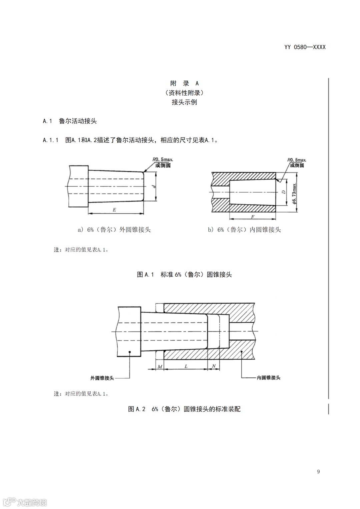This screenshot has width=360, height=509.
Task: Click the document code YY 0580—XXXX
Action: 305,47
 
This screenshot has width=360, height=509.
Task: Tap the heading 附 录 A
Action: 184,83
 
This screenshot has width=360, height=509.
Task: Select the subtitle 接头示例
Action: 184,102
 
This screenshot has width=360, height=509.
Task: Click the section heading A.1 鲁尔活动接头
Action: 70,121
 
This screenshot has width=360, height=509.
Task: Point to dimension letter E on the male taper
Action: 114,210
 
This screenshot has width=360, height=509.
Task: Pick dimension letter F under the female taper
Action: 253,217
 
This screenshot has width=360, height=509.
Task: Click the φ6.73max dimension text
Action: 294,193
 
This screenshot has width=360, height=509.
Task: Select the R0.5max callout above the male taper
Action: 163,160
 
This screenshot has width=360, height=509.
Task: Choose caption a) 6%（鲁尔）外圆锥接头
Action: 114,230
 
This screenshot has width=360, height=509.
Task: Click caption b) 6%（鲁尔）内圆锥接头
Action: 244,230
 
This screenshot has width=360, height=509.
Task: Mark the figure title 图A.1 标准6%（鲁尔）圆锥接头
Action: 184,275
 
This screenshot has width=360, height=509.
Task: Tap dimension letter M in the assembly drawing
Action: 160,366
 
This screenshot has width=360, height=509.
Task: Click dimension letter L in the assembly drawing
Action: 186,366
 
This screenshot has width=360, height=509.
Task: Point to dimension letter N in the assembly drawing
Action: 214,366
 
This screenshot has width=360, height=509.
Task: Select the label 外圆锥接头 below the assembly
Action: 102,378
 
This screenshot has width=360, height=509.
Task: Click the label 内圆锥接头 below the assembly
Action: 268,378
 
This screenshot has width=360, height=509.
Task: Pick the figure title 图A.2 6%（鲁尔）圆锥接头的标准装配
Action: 184,409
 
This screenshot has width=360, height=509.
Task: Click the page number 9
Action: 318,471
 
